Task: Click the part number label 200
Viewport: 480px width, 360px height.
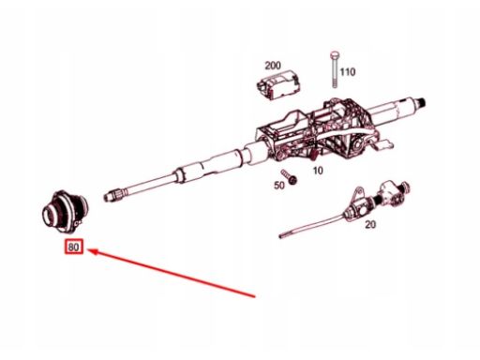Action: click(x=273, y=66)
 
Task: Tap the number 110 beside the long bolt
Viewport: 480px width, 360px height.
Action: click(x=348, y=72)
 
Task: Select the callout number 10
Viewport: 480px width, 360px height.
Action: click(x=318, y=171)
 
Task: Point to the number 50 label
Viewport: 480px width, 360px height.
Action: click(x=279, y=186)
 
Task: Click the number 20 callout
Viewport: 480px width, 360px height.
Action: click(x=370, y=224)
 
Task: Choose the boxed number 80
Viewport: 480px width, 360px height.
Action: click(x=74, y=247)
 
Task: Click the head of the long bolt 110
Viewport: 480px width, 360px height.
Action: click(x=335, y=55)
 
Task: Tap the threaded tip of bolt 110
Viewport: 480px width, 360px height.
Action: click(x=335, y=84)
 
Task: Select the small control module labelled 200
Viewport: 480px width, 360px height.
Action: click(x=277, y=84)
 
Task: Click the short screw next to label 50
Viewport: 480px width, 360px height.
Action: click(x=289, y=176)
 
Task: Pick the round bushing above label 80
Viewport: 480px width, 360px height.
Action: click(x=65, y=211)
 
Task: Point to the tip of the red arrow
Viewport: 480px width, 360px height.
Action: click(x=88, y=249)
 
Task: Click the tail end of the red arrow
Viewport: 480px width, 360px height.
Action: click(x=256, y=297)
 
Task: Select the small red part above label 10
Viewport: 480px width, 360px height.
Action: click(x=314, y=154)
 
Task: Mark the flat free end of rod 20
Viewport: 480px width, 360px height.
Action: click(x=282, y=235)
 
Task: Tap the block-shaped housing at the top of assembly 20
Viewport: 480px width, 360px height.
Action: click(x=390, y=194)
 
